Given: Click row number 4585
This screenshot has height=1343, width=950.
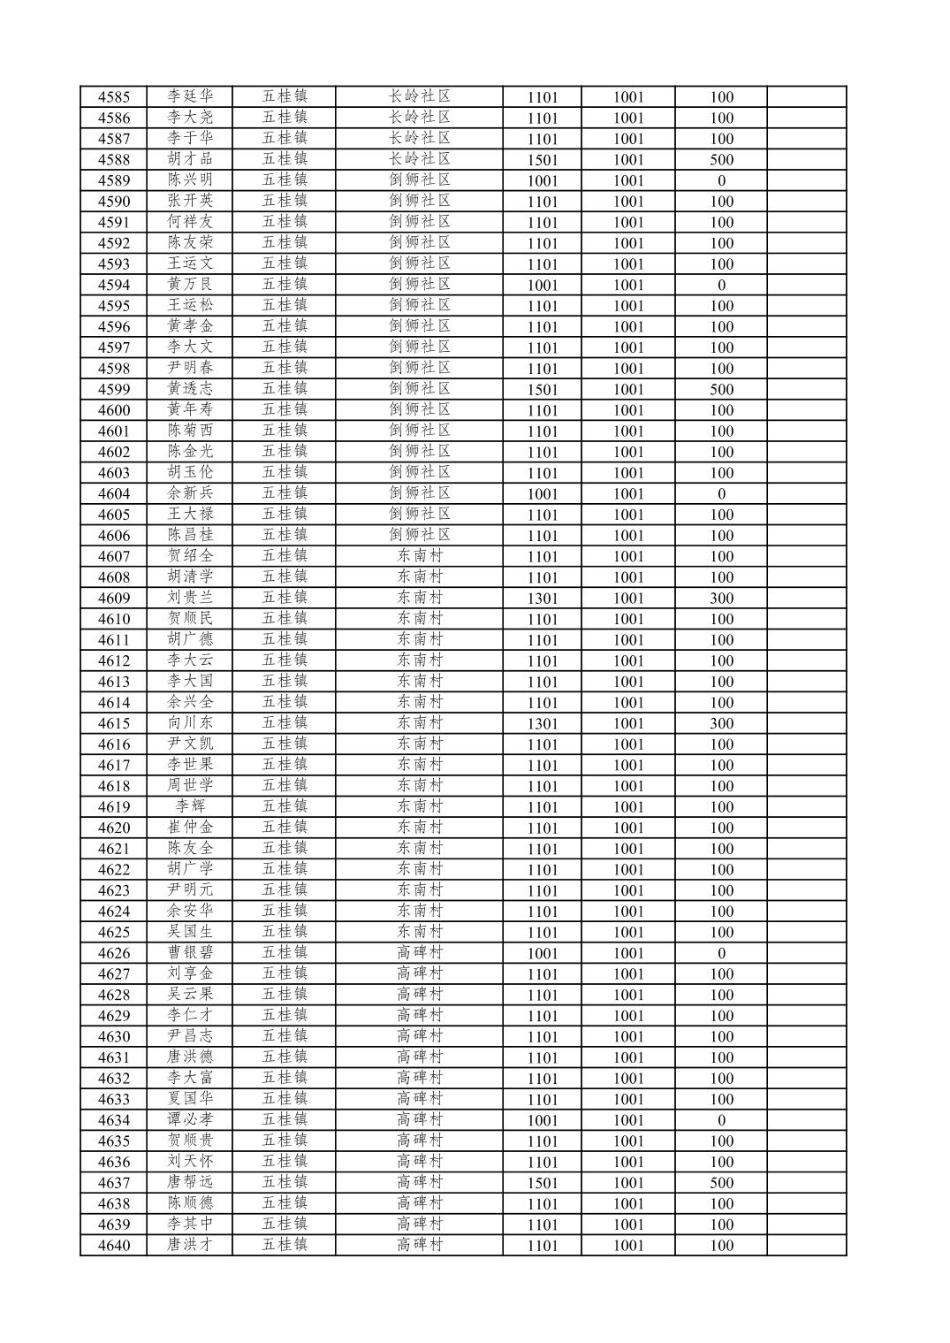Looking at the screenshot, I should pyautogui.click(x=113, y=97).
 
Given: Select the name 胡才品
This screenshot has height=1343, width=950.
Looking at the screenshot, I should pyautogui.click(x=190, y=159).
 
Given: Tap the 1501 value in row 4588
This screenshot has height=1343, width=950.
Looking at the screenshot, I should pyautogui.click(x=542, y=160).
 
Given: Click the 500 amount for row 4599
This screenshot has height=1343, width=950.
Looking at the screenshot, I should pyautogui.click(x=721, y=390).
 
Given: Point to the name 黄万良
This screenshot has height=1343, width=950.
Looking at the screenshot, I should pyautogui.click(x=190, y=285).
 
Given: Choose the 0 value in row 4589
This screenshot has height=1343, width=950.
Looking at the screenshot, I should pyautogui.click(x=721, y=181).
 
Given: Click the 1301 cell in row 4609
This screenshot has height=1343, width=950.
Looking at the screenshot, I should pyautogui.click(x=542, y=599).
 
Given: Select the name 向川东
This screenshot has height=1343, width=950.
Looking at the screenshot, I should pyautogui.click(x=190, y=723).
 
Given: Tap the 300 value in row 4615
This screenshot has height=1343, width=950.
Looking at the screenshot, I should pyautogui.click(x=721, y=724).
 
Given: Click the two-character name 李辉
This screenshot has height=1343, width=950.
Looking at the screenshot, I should pyautogui.click(x=190, y=806).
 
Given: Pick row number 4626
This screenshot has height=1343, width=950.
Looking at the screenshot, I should pyautogui.click(x=113, y=953).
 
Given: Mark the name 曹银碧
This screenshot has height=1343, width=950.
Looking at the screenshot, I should pyautogui.click(x=190, y=953).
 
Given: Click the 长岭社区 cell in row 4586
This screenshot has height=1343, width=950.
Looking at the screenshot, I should pyautogui.click(x=419, y=118).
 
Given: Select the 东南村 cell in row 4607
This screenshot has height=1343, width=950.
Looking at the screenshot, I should pyautogui.click(x=419, y=556).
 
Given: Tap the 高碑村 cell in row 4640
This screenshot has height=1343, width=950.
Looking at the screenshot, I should pyautogui.click(x=419, y=1245).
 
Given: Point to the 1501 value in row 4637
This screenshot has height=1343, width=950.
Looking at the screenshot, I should pyautogui.click(x=542, y=1183).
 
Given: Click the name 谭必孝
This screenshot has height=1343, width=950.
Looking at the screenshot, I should pyautogui.click(x=190, y=1120).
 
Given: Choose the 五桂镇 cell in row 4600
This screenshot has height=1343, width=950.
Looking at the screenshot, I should pyautogui.click(x=284, y=410).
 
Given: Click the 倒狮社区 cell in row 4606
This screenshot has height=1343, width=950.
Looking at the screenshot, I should pyautogui.click(x=419, y=535).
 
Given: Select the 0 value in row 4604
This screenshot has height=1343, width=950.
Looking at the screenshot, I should pyautogui.click(x=721, y=494).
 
